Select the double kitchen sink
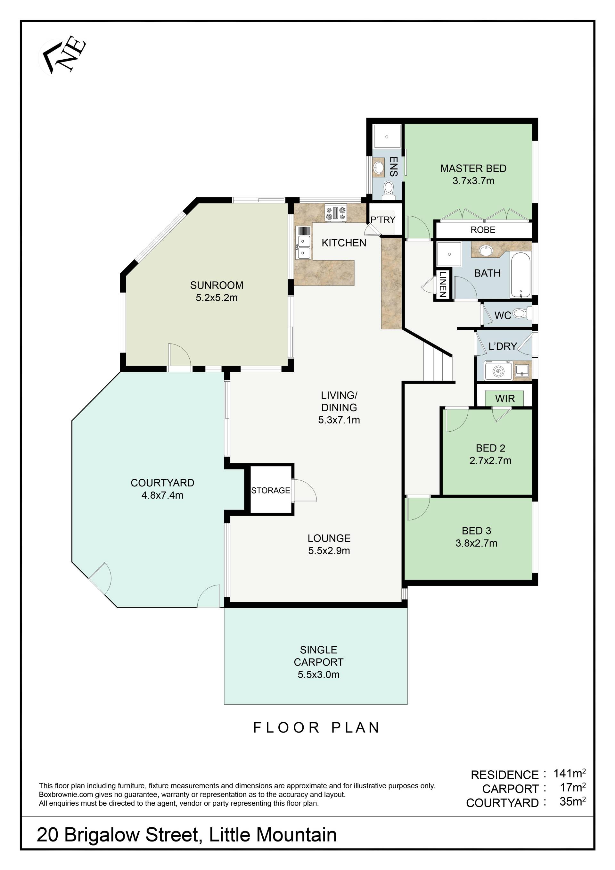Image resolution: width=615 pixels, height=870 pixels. click(x=304, y=247)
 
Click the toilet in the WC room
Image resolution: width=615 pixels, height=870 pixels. click(x=522, y=313)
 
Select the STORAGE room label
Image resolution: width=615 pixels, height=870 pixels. click(x=270, y=490)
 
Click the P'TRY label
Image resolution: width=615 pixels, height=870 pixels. click(x=382, y=220)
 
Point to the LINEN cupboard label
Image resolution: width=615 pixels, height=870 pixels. click(x=443, y=284)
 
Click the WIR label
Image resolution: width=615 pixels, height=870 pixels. click(x=505, y=399)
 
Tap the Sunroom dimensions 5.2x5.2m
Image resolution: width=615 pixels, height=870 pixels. click(x=217, y=298)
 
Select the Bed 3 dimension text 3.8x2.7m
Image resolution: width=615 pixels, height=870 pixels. click(x=476, y=543)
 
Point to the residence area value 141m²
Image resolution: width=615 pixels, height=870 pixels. click(x=570, y=773)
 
